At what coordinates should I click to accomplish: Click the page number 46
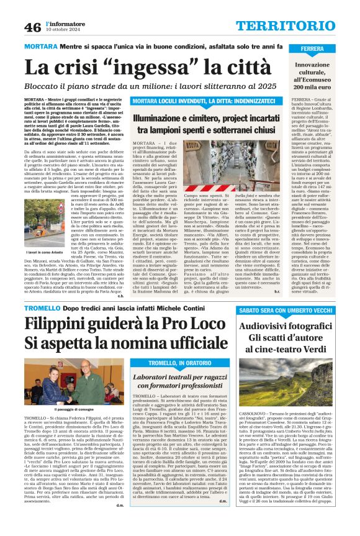tap(33, 27)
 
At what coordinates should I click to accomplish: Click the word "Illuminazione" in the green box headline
tap(176, 116)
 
